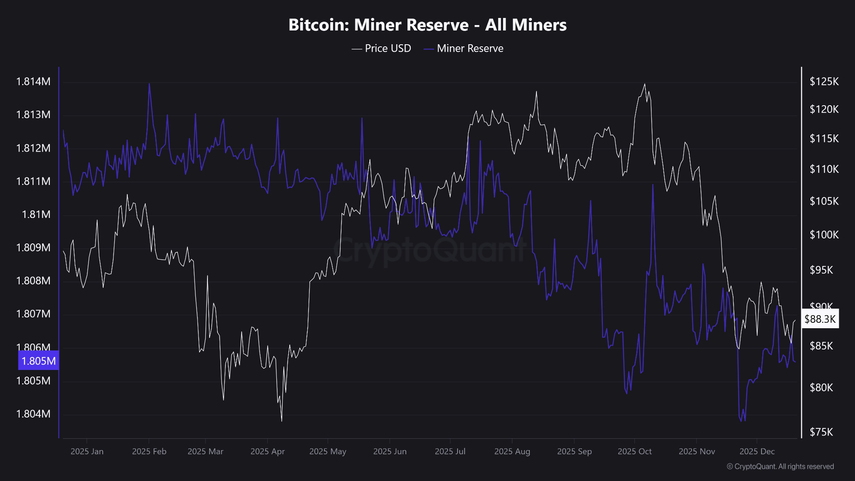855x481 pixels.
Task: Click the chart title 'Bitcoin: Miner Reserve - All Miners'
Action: (427, 25)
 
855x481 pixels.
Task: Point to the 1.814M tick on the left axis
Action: (33, 81)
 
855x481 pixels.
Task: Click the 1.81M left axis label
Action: (36, 214)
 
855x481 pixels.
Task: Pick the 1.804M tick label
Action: (33, 414)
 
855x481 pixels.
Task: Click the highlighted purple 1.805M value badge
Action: (38, 361)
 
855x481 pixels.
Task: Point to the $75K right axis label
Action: (821, 432)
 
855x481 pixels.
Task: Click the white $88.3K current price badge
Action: (820, 319)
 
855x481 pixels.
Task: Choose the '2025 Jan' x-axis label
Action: (87, 451)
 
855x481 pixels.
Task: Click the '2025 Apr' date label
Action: (267, 451)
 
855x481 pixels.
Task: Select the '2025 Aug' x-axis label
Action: (512, 451)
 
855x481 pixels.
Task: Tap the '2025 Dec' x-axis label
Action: (757, 451)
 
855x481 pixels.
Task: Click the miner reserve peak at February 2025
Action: (149, 84)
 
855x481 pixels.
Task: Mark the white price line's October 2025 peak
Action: (645, 84)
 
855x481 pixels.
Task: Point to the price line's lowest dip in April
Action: (281, 421)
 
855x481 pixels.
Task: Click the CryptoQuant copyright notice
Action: (780, 466)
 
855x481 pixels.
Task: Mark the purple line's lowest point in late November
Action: (741, 421)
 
